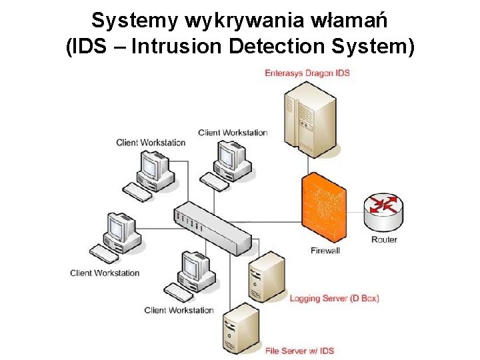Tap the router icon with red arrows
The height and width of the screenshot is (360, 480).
click(x=383, y=212)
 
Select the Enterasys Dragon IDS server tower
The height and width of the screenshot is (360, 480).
click(x=311, y=120)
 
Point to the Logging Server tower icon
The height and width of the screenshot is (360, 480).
click(x=267, y=277)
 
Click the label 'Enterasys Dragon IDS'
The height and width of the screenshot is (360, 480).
click(x=307, y=73)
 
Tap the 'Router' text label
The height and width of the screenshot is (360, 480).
click(x=384, y=239)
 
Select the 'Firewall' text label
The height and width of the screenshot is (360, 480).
click(x=325, y=251)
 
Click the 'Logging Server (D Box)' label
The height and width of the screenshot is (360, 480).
click(x=334, y=298)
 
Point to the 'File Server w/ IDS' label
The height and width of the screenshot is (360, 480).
click(x=299, y=351)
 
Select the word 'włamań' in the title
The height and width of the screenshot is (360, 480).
click(x=349, y=20)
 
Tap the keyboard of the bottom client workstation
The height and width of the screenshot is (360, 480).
click(x=179, y=292)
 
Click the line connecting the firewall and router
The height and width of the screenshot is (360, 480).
click(x=355, y=212)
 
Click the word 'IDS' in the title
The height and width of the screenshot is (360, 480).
click(x=89, y=47)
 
